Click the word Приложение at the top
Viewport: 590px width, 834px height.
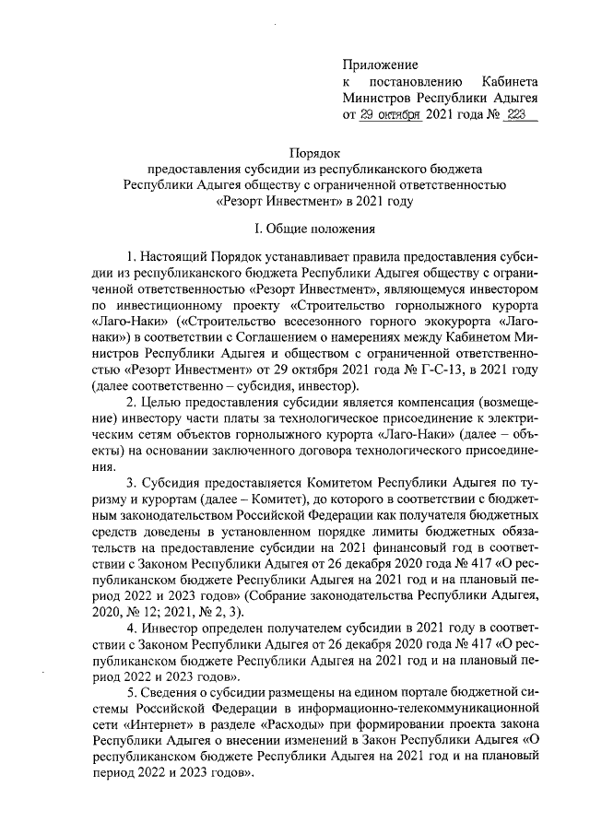click(380, 65)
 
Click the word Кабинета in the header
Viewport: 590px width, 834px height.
click(510, 81)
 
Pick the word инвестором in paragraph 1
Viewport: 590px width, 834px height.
click(507, 288)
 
